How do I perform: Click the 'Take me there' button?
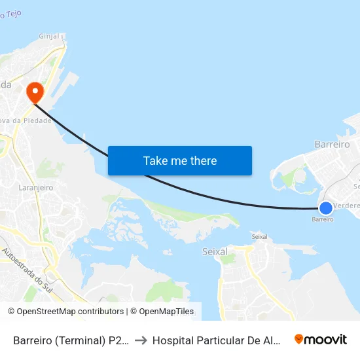point(180,160)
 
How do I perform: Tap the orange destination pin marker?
point(33,92)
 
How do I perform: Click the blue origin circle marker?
point(325,208)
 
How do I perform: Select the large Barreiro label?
point(332,144)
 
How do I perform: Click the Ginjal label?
point(49,36)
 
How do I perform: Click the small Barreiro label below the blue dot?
point(323,220)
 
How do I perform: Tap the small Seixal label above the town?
point(259,236)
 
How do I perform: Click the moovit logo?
point(320,339)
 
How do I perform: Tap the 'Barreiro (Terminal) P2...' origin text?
point(71,340)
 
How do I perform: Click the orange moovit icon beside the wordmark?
point(299,339)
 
